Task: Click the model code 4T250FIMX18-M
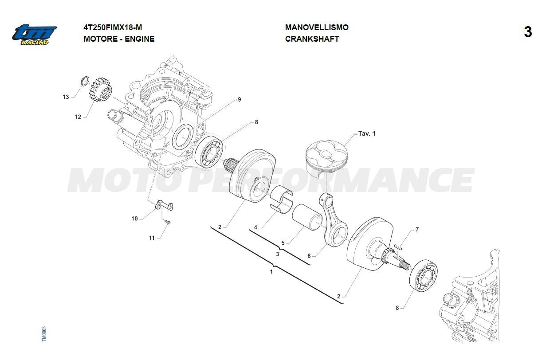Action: click(x=113, y=27)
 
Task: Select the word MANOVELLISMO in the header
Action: click(x=317, y=27)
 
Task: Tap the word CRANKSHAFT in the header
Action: click(x=312, y=39)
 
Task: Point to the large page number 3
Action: click(x=528, y=32)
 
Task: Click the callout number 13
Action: click(x=66, y=97)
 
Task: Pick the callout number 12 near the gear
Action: click(x=78, y=117)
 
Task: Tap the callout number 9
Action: click(x=240, y=99)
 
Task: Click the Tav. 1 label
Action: click(x=367, y=133)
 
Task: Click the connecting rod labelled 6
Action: click(x=334, y=220)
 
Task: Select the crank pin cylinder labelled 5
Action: click(x=307, y=217)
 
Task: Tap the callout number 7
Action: click(x=417, y=229)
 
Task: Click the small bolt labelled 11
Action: click(x=167, y=222)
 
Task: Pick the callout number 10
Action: click(x=134, y=219)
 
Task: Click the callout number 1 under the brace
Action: click(x=271, y=272)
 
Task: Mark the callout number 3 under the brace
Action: click(x=278, y=254)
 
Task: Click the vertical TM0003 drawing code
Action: click(x=44, y=334)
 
